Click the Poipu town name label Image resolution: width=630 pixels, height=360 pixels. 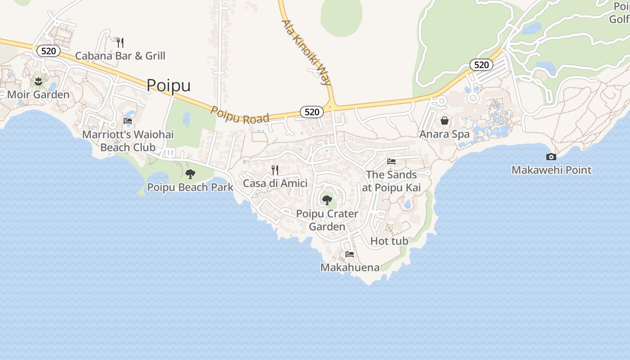[169, 85]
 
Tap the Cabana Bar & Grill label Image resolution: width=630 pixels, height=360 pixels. [120, 56]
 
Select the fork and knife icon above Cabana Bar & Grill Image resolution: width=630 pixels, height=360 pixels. [120, 43]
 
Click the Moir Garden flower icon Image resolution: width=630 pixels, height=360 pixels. [38, 81]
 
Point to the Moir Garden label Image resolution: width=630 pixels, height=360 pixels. [38, 94]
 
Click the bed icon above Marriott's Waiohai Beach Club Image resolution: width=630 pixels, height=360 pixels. [128, 121]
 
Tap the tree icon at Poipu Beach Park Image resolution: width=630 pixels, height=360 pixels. [190, 174]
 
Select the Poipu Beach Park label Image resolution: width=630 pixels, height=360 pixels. [190, 187]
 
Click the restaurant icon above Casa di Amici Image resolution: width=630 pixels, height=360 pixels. [275, 170]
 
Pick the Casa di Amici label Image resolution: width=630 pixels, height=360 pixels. [275, 183]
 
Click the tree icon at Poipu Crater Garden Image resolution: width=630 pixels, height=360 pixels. [327, 200]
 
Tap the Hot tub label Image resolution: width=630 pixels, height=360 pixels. [389, 241]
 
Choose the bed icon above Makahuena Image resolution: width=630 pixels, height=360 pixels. [350, 254]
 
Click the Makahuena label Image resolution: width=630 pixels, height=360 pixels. [350, 267]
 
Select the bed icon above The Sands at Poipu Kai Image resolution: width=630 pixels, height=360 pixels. [391, 162]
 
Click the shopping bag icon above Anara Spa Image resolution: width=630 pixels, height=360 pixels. [445, 121]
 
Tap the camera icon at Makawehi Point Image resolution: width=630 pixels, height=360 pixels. [551, 157]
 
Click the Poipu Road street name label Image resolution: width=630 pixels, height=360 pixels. [240, 116]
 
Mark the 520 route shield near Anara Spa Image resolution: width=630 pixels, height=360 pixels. [481, 65]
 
